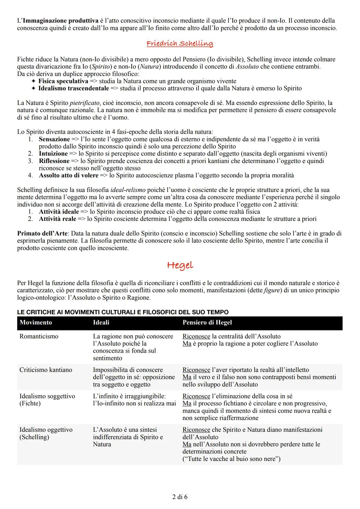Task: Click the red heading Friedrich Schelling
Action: pyautogui.click(x=180, y=44)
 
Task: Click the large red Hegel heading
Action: pyautogui.click(x=180, y=266)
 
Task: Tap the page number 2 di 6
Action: pyautogui.click(x=180, y=497)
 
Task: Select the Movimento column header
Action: pyautogui.click(x=36, y=323)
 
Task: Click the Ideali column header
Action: pyautogui.click(x=101, y=323)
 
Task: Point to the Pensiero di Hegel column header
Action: pyautogui.click(x=207, y=323)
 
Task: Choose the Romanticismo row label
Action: pyautogui.click(x=39, y=336)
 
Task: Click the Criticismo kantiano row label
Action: pyautogui.click(x=46, y=370)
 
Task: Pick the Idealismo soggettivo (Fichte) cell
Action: pyautogui.click(x=47, y=400)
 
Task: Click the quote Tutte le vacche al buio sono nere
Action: pyautogui.click(x=231, y=459)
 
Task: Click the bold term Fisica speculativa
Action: pyautogui.click(x=63, y=81)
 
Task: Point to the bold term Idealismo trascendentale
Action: pyautogui.click(x=73, y=88)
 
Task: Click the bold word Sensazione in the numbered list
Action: pyautogui.click(x=54, y=139)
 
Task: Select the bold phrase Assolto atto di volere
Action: pyautogui.click(x=68, y=175)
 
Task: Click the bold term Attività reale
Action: pyautogui.click(x=57, y=219)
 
